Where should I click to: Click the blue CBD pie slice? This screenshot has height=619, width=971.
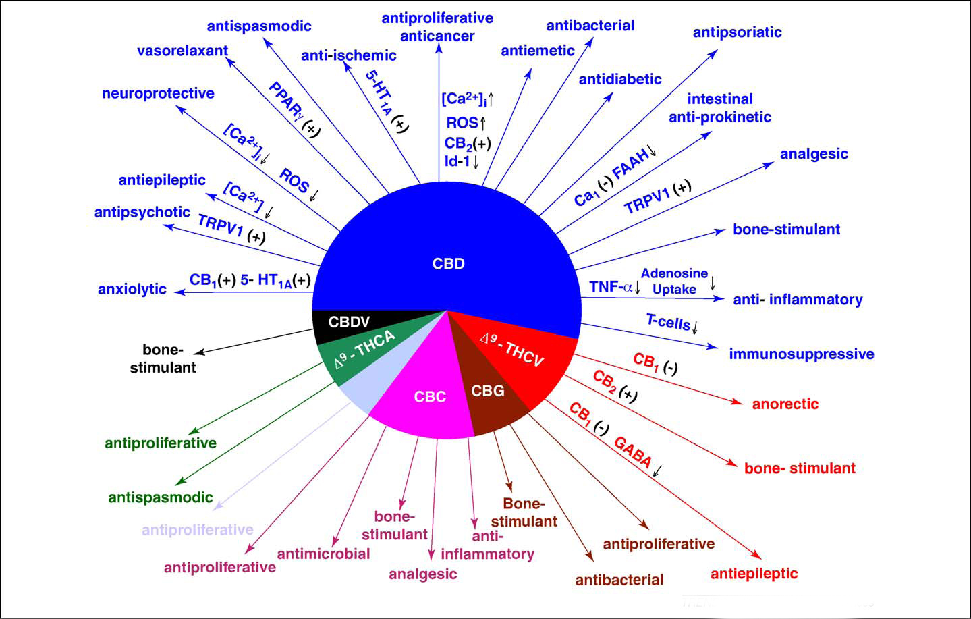(x=448, y=243)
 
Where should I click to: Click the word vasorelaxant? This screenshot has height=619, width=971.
(x=182, y=51)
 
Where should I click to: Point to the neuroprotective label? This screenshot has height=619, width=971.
(x=158, y=93)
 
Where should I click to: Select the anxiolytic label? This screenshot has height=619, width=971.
(x=132, y=289)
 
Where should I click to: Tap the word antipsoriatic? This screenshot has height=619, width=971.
(x=737, y=32)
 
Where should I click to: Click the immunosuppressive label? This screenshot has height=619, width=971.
(x=801, y=354)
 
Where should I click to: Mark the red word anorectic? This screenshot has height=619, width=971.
(x=785, y=404)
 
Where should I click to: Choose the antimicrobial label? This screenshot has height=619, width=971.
(x=323, y=554)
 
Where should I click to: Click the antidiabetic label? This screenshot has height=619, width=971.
(x=619, y=79)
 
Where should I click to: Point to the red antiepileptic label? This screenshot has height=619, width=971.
(x=754, y=574)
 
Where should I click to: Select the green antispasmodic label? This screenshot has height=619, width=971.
(x=161, y=497)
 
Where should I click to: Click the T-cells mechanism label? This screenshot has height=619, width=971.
(x=668, y=322)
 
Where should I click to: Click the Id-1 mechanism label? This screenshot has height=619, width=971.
(x=457, y=161)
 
